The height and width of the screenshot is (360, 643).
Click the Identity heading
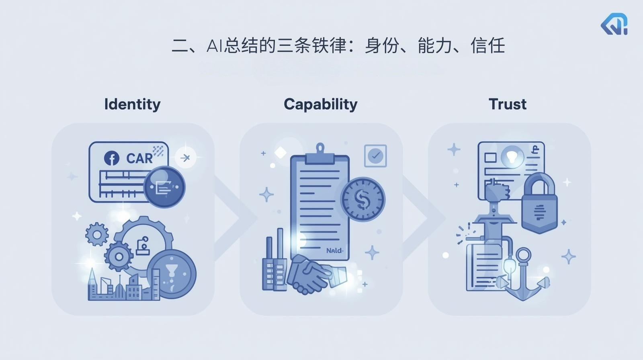[132, 104]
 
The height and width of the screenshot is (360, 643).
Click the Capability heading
[320, 104]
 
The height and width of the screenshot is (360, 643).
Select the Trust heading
[508, 104]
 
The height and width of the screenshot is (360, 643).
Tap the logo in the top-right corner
[614, 25]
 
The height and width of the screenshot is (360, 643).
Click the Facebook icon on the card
[112, 158]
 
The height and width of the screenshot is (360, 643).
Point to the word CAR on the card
[139, 159]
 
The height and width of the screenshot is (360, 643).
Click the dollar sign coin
[362, 199]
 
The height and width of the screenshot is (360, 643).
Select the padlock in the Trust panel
[539, 203]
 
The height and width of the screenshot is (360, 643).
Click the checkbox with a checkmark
[375, 155]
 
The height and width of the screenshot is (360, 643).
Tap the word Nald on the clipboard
[334, 250]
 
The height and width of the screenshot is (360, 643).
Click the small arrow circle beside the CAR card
[185, 158]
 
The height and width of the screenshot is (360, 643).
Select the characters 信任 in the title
[487, 45]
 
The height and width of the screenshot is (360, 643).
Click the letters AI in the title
[214, 46]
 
